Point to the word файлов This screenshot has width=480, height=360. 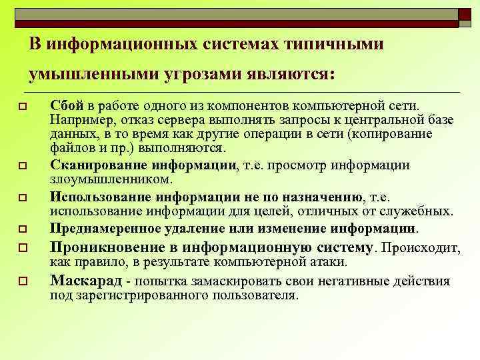[69, 148]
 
